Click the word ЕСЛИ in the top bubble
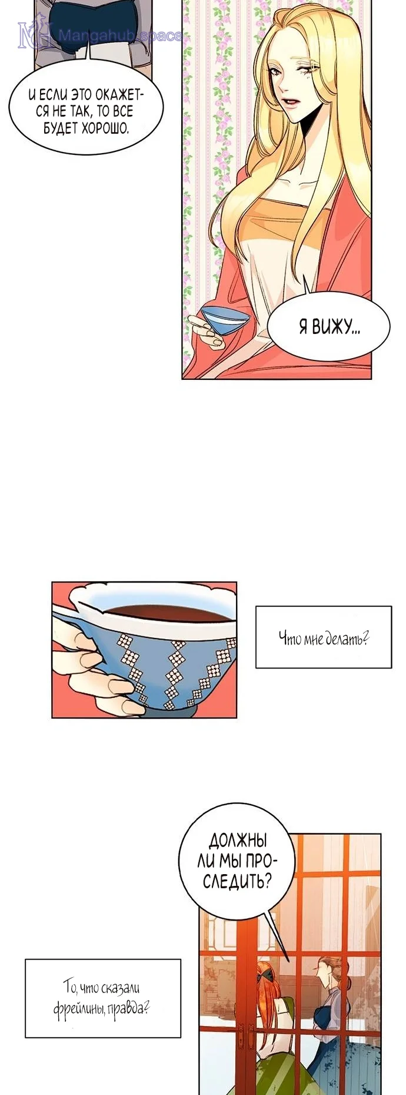point(54,95)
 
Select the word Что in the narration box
point(289,637)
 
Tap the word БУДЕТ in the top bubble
point(61,128)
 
